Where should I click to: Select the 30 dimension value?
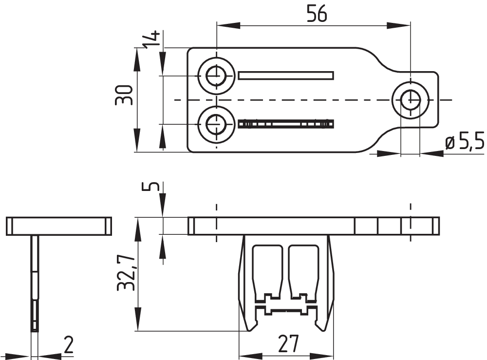124,95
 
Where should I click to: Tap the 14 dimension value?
151,39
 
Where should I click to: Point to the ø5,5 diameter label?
465,142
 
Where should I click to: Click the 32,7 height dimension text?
126,273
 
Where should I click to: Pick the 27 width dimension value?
288,343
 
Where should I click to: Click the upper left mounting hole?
217,76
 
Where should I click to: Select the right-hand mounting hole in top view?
411,100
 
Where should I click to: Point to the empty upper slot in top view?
286,76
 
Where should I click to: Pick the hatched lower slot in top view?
286,124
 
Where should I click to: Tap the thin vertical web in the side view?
35,284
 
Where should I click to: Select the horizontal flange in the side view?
59,226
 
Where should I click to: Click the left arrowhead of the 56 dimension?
228,26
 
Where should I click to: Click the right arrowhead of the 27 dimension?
322,356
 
